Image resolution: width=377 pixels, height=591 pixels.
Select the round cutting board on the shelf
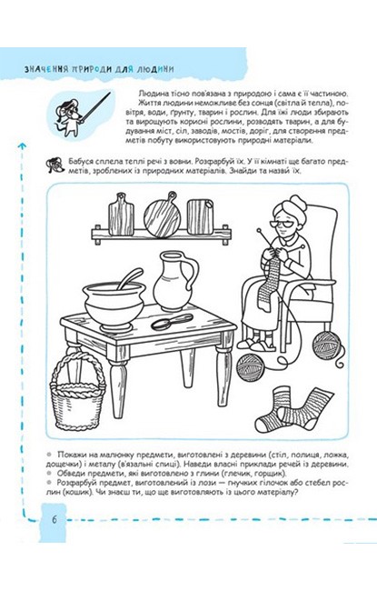[163, 215]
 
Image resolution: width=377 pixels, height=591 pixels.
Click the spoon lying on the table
[172, 321]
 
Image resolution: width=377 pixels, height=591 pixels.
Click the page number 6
[55, 520]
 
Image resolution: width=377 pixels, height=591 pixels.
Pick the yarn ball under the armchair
[327, 344]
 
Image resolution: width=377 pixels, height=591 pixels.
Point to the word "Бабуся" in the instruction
[82, 161]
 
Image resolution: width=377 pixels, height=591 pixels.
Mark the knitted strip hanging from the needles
[269, 285]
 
